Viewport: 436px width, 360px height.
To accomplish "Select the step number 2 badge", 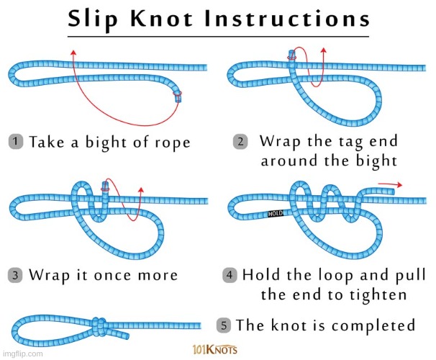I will [x=241, y=141].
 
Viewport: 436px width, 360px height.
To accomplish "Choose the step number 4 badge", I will [x=230, y=276].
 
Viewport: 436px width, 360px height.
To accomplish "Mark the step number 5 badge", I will [x=224, y=325].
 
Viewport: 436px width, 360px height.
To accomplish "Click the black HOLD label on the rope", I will [x=276, y=214].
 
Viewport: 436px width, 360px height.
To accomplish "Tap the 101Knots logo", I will [x=217, y=350].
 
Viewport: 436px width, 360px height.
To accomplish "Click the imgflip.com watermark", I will [x=22, y=354].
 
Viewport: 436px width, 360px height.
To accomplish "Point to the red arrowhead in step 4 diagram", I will [x=398, y=185].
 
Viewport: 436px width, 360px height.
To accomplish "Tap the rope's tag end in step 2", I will [x=292, y=55].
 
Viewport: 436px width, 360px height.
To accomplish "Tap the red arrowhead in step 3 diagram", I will [x=141, y=189].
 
